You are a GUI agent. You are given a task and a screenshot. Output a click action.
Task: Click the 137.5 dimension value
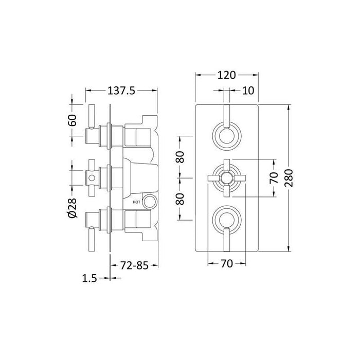pos(121,91)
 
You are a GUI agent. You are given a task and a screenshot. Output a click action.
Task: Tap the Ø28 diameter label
pos(73,210)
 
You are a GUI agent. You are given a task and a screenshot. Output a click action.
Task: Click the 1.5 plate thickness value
pos(89,278)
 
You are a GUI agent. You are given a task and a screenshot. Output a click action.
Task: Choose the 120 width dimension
pos(226,75)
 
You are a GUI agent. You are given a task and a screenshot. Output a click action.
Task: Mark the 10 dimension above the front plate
pos(248,91)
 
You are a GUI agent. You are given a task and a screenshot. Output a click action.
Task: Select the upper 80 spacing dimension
pos(181,157)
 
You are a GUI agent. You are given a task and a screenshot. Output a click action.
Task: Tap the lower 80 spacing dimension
pos(181,199)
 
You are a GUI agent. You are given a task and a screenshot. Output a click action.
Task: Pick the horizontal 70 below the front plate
pos(226,263)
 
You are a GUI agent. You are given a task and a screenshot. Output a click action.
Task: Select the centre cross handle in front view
pos(226,178)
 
